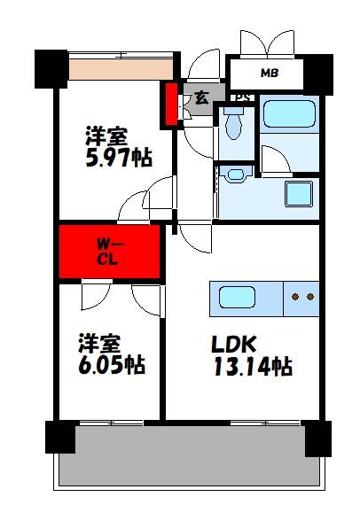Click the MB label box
tap(268, 73)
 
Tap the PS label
tap(239, 97)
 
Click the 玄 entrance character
tap(201, 98)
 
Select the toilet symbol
tap(234, 126)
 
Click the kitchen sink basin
tap(238, 296)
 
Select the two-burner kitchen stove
tap(301, 296)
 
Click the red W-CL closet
tap(110, 252)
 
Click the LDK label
tap(235, 343)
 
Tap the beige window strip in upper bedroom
tap(121, 67)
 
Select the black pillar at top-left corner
tap(51, 67)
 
